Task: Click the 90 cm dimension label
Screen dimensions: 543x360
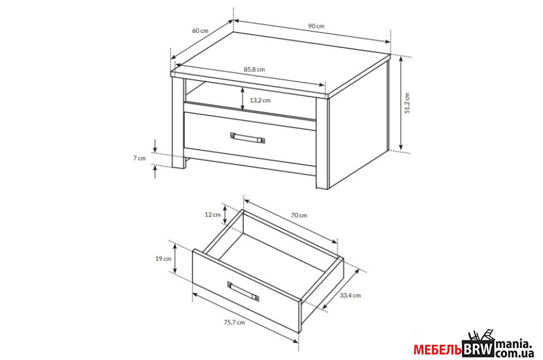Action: coord(316,27)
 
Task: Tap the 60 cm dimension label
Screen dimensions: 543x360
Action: coord(200,30)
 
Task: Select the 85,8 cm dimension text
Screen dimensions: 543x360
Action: coord(254,69)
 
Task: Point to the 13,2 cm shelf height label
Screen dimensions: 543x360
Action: coord(260,100)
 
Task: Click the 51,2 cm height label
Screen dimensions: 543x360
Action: coord(407,103)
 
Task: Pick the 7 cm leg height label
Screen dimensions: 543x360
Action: coord(140,159)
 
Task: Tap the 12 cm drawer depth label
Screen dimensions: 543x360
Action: coord(213,215)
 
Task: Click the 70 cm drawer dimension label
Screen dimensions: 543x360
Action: coord(299,215)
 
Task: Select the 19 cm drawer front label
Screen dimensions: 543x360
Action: coord(164,258)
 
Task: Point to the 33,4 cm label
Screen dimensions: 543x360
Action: coord(350,296)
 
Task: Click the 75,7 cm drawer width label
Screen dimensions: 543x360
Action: coord(234,322)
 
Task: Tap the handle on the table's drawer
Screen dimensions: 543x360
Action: coord(248,138)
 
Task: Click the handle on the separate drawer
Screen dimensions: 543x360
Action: coord(243,291)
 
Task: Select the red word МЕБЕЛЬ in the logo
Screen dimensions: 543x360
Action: coord(438,350)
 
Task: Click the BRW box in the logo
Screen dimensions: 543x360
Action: coord(478,349)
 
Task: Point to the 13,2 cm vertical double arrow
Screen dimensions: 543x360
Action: coord(242,99)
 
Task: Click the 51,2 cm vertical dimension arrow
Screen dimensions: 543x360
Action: coord(401,103)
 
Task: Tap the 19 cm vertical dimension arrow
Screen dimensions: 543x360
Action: coord(176,258)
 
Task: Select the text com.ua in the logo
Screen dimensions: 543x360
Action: coord(514,354)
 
